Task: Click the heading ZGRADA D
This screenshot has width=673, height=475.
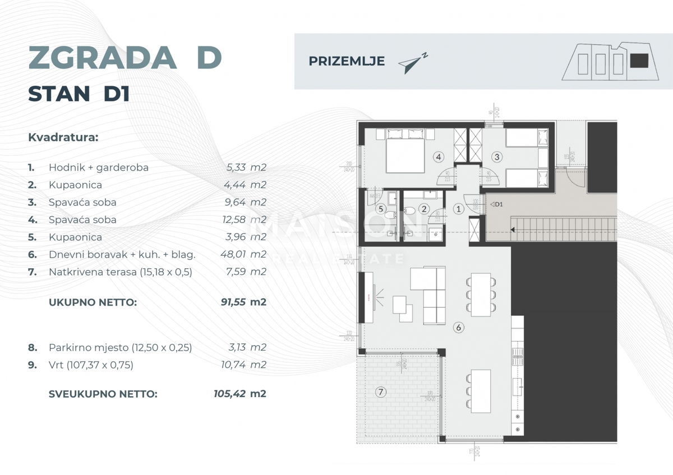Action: (x=125, y=57)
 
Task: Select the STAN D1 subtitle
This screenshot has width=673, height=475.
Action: (x=79, y=94)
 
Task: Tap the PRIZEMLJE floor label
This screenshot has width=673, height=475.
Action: (x=347, y=62)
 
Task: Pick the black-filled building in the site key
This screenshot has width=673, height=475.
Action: (x=639, y=61)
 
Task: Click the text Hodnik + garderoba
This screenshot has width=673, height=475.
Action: (x=99, y=167)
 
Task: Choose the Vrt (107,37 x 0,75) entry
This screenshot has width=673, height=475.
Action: (x=91, y=365)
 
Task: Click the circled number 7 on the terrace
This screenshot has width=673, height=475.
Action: (x=381, y=392)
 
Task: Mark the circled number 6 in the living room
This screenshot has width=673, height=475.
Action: (x=458, y=327)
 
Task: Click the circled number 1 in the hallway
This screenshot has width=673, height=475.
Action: (x=458, y=209)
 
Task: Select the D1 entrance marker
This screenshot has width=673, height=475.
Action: (x=496, y=204)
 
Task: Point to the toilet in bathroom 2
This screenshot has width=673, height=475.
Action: (x=409, y=211)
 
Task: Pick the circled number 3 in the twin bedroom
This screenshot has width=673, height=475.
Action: (x=497, y=157)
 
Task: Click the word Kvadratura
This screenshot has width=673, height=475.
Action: (x=63, y=137)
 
